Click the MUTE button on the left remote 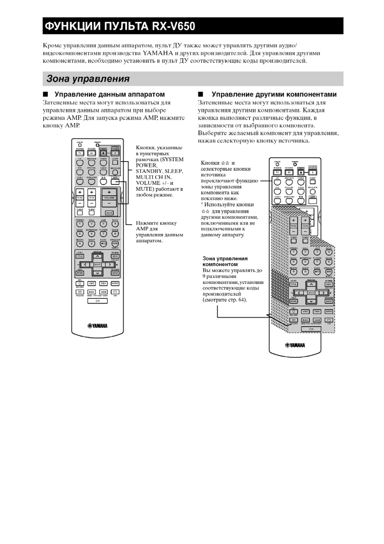pyautogui.click(x=109, y=213)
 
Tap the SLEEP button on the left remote pyautogui.click(x=115, y=162)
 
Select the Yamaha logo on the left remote pyautogui.click(x=97, y=326)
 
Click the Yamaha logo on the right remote pyautogui.click(x=295, y=345)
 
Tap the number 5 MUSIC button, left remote pyautogui.click(x=80, y=234)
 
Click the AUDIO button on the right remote pyautogui.click(x=329, y=312)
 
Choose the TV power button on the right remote pyautogui.click(x=277, y=173)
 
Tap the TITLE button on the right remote pyautogui.click(x=294, y=284)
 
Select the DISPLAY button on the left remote pyautogui.click(x=115, y=273)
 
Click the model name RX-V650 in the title pyautogui.click(x=174, y=26)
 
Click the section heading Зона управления pyautogui.click(x=88, y=79)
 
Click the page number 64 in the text pyautogui.click(x=241, y=300)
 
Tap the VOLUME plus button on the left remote pyautogui.click(x=109, y=192)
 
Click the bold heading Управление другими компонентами pyautogui.click(x=274, y=94)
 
